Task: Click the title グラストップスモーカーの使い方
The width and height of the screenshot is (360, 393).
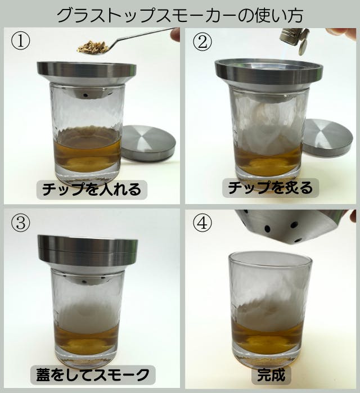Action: click(180, 16)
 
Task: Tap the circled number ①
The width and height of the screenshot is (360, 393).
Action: click(20, 41)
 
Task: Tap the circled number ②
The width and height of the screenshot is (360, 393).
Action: click(202, 42)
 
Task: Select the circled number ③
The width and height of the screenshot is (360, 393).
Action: click(20, 223)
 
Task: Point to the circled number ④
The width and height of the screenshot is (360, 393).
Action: click(202, 223)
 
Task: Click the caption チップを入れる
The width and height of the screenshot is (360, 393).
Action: click(92, 189)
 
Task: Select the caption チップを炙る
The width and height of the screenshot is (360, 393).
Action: click(271, 187)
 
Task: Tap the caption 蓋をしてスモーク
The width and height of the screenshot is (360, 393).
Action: click(93, 374)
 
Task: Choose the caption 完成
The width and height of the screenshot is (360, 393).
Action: click(271, 375)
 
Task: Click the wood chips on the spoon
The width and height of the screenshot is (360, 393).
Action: click(93, 47)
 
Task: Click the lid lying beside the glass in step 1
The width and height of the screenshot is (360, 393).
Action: click(148, 142)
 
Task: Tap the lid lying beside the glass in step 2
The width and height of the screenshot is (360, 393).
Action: click(328, 137)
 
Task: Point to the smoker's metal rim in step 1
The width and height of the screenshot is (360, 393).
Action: click(87, 69)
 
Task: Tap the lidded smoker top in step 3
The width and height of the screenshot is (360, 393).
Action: click(88, 251)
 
